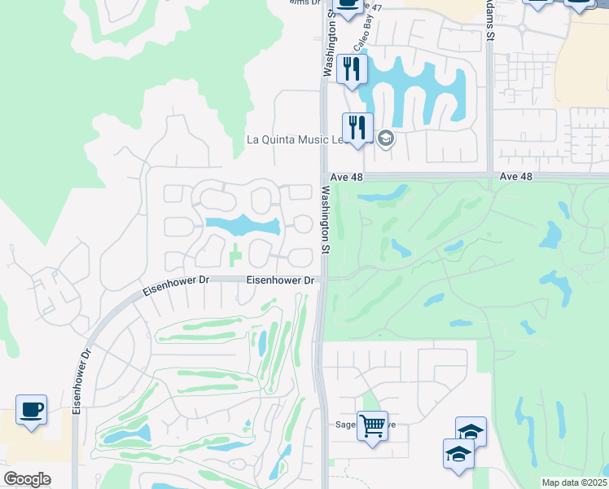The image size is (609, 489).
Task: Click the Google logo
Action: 27,479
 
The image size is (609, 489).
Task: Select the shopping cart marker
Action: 372,425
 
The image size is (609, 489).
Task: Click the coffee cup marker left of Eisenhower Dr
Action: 31,410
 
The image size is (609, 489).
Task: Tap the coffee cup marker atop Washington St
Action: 348,5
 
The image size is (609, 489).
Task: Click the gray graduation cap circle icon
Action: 386,138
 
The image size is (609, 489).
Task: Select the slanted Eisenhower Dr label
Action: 177,285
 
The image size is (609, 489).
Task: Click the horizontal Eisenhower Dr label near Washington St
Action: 281,280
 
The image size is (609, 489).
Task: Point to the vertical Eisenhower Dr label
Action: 79,381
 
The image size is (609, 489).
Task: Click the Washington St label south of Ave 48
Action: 326,220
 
